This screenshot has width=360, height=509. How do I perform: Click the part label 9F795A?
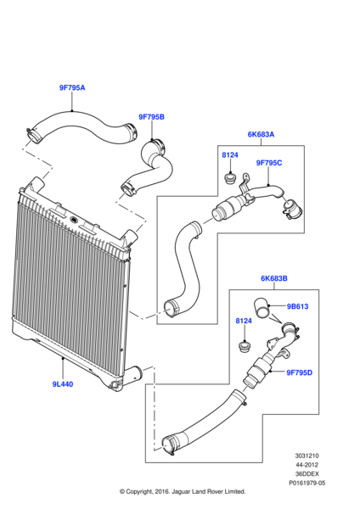72,87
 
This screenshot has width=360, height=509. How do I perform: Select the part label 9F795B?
151,117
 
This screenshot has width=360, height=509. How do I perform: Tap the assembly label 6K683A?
261,134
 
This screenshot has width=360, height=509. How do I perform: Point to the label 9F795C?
269,163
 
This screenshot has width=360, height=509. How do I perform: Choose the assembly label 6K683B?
274,278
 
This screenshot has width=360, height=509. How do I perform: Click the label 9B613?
297,306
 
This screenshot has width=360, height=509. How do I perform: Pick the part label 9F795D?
299,372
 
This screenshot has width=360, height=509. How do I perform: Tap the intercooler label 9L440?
63,384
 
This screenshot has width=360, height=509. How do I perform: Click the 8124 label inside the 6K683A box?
230,155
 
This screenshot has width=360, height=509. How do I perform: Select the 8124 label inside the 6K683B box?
244,321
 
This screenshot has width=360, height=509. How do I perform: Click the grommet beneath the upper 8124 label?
230,178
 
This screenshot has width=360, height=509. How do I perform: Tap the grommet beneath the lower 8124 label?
244,346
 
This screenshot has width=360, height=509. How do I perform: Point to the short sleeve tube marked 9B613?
262,309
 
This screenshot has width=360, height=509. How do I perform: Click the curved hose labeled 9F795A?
82,127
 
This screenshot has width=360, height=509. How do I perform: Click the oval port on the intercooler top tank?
73,220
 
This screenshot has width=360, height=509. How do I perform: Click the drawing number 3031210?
307,456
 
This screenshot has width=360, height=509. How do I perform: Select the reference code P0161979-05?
307,483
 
